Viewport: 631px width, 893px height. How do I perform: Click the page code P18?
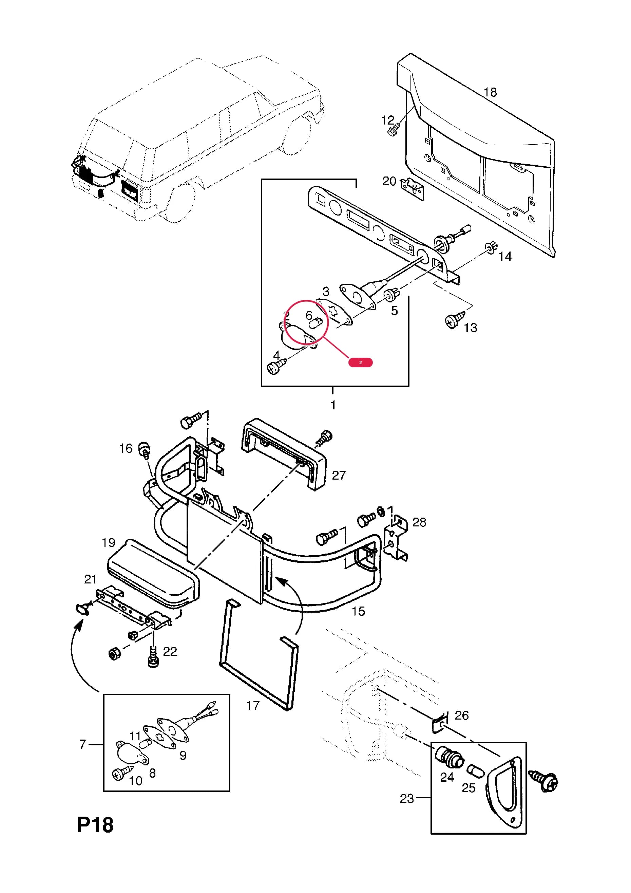click(95, 825)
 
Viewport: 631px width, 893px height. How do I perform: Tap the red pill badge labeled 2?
click(360, 362)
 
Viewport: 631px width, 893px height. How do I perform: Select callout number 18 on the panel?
click(490, 92)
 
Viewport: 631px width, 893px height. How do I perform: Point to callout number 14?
click(505, 256)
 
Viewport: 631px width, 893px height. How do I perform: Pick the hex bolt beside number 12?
click(393, 130)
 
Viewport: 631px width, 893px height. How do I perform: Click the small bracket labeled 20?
click(413, 189)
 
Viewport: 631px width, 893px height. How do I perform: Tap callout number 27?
click(339, 475)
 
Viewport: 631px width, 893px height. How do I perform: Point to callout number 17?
click(253, 705)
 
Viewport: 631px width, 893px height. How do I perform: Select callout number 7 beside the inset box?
click(82, 744)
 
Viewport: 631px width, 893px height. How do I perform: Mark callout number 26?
click(461, 715)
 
